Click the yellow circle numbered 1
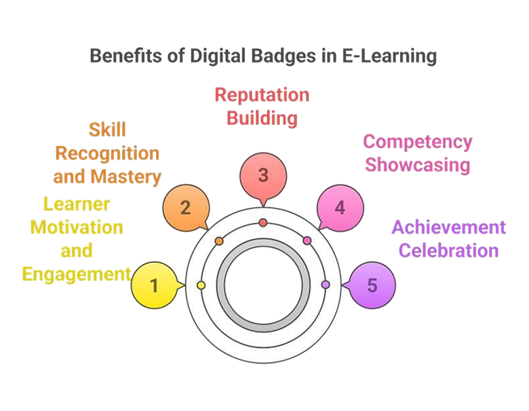(155, 285)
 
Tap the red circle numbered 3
(263, 175)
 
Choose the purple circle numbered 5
(372, 285)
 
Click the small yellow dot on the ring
(201, 285)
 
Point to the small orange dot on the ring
(219, 241)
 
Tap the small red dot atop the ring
(263, 223)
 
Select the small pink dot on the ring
(307, 240)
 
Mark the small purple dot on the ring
(326, 285)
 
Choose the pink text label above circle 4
(418, 154)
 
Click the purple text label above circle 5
(450, 237)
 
